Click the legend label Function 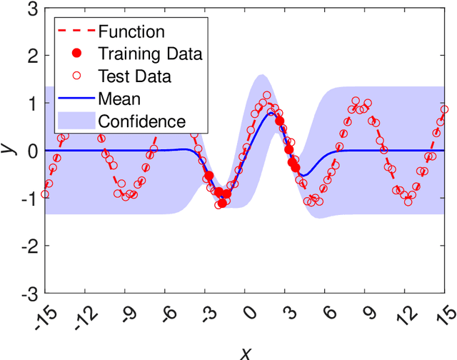click(x=131, y=31)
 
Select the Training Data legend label click(x=150, y=54)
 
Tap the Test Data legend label click(x=134, y=76)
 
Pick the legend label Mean click(x=119, y=98)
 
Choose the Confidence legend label click(x=142, y=121)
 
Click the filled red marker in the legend click(x=76, y=54)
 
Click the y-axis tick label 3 click(x=32, y=9)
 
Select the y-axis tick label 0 click(x=32, y=151)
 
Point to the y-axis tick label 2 click(x=32, y=56)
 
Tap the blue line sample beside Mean click(x=76, y=98)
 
